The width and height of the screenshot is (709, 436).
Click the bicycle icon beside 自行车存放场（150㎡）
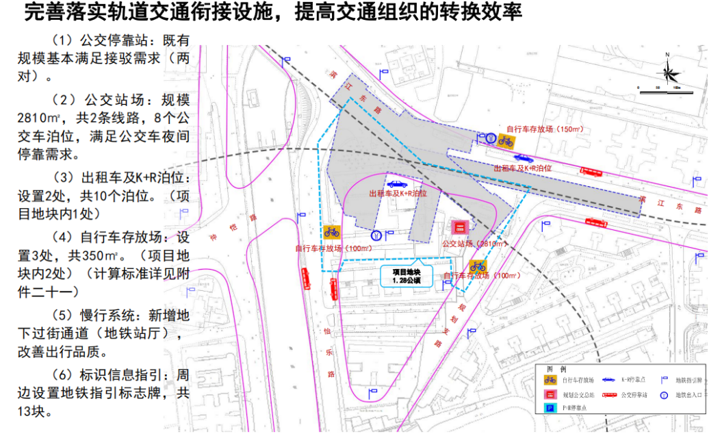pyautogui.click(x=506, y=140)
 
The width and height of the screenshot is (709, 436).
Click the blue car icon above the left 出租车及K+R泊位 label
pyautogui.click(x=396, y=183)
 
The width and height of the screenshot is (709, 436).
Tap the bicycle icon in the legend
pyautogui.click(x=549, y=379)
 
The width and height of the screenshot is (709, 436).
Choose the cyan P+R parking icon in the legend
pyautogui.click(x=549, y=408)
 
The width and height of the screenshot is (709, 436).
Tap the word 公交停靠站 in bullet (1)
pyautogui.click(x=110, y=40)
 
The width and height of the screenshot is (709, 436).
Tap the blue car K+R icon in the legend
pyautogui.click(x=608, y=379)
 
